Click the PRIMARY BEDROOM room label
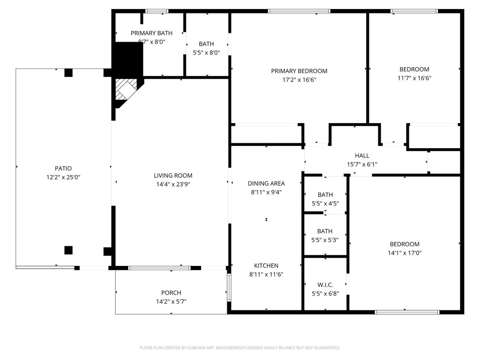point(299,71)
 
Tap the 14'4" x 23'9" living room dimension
point(173,184)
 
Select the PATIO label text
point(63,168)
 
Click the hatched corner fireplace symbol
point(126,90)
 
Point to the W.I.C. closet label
point(325,285)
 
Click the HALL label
point(362,155)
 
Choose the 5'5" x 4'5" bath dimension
point(325,203)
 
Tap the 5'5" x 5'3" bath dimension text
point(325,240)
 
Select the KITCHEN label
point(266,266)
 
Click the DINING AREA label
point(266,183)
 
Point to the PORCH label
point(171,293)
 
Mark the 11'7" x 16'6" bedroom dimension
point(414,78)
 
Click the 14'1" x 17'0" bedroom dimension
point(404,253)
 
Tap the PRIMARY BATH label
point(151,33)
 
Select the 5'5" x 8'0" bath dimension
point(206,52)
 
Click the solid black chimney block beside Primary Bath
point(129,58)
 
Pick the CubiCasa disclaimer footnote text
point(240,347)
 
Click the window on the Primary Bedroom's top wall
point(299,11)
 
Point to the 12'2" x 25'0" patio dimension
point(63,177)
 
